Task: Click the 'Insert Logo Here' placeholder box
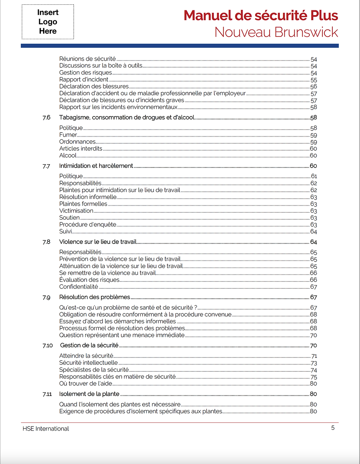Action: (48, 22)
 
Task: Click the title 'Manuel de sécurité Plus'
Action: (260, 16)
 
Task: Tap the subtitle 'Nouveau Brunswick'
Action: (276, 32)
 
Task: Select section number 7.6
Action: (46, 118)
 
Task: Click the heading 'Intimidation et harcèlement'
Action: (96, 166)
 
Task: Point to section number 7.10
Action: (47, 346)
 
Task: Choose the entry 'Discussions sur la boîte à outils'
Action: (101, 66)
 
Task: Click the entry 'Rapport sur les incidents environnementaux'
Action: (118, 107)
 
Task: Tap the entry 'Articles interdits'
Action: (81, 149)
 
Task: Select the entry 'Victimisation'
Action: (76, 211)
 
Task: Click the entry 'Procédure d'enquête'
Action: (88, 225)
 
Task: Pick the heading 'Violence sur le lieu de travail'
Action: (98, 242)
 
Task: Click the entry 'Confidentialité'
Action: (79, 287)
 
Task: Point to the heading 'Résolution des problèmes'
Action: (94, 297)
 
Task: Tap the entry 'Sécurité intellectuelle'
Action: (89, 363)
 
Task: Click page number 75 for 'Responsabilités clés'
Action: (313, 377)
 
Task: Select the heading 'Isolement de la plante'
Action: (89, 394)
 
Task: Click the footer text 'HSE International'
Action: (46, 429)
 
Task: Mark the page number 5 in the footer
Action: (333, 428)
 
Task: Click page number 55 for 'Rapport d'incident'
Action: (313, 80)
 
